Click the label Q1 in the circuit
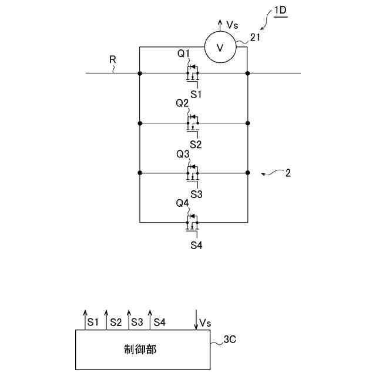click(x=184, y=54)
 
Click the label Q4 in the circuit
click(x=183, y=203)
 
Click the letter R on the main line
click(x=112, y=60)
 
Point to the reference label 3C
click(x=231, y=339)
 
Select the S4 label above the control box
click(x=159, y=322)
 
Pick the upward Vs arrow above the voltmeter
click(x=220, y=25)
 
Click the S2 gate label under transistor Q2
click(x=196, y=144)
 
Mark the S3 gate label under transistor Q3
click(x=196, y=193)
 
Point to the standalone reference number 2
click(x=288, y=173)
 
